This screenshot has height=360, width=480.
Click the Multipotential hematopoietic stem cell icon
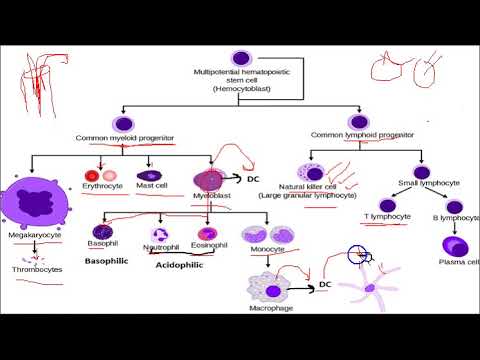pyautogui.click(x=239, y=59)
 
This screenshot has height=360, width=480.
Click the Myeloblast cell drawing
pyautogui.click(x=209, y=181)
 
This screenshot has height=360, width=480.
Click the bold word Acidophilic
pyautogui.click(x=178, y=267)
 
